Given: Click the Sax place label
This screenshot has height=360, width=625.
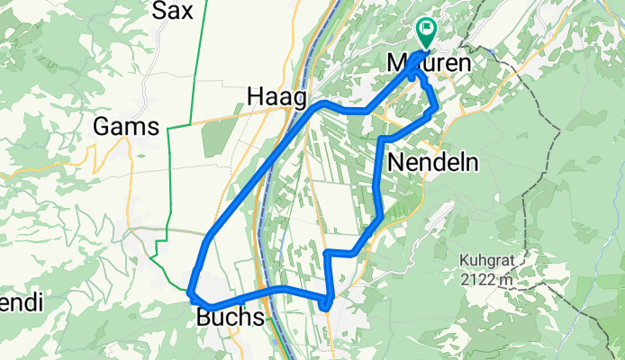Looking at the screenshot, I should [x=172, y=11].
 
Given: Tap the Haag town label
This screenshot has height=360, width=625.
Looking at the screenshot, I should [x=276, y=96].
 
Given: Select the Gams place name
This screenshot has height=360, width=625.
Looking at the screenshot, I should [x=127, y=127].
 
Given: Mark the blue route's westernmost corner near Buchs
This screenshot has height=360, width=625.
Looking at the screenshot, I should [x=190, y=291].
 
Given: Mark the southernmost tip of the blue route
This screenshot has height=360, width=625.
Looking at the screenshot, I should [x=323, y=310].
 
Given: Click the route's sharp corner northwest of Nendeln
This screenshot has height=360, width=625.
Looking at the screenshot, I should [x=382, y=139].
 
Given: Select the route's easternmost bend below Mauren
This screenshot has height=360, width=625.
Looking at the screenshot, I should [x=437, y=106].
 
